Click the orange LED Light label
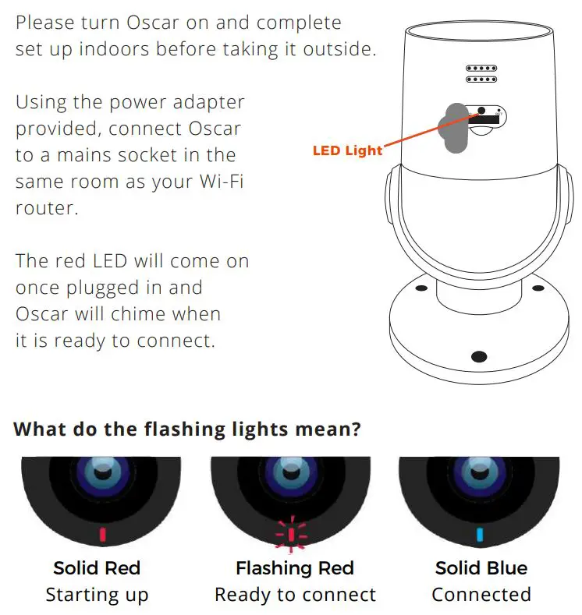347,150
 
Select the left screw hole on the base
420,289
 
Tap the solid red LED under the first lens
102,534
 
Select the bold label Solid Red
97,568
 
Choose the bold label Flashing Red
295,568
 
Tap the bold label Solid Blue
481,568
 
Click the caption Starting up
97,596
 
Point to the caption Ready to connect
295,596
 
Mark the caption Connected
481,596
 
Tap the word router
47,209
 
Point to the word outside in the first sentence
339,49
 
